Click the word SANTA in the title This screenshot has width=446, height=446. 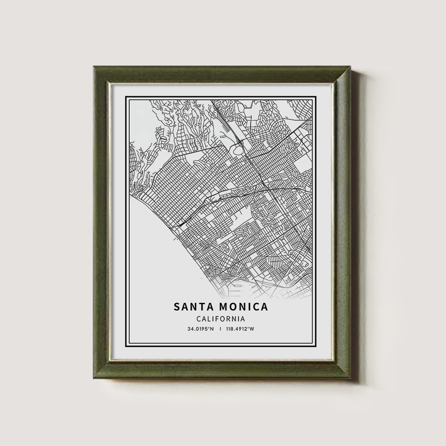click(192, 307)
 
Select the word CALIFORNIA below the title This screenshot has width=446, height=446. click(221, 319)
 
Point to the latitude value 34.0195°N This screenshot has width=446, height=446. click(201, 329)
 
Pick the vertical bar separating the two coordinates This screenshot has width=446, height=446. click(221, 329)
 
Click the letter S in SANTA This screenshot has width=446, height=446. click(177, 307)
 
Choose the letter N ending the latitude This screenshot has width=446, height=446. click(212, 329)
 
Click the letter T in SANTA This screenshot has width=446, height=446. click(200, 307)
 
